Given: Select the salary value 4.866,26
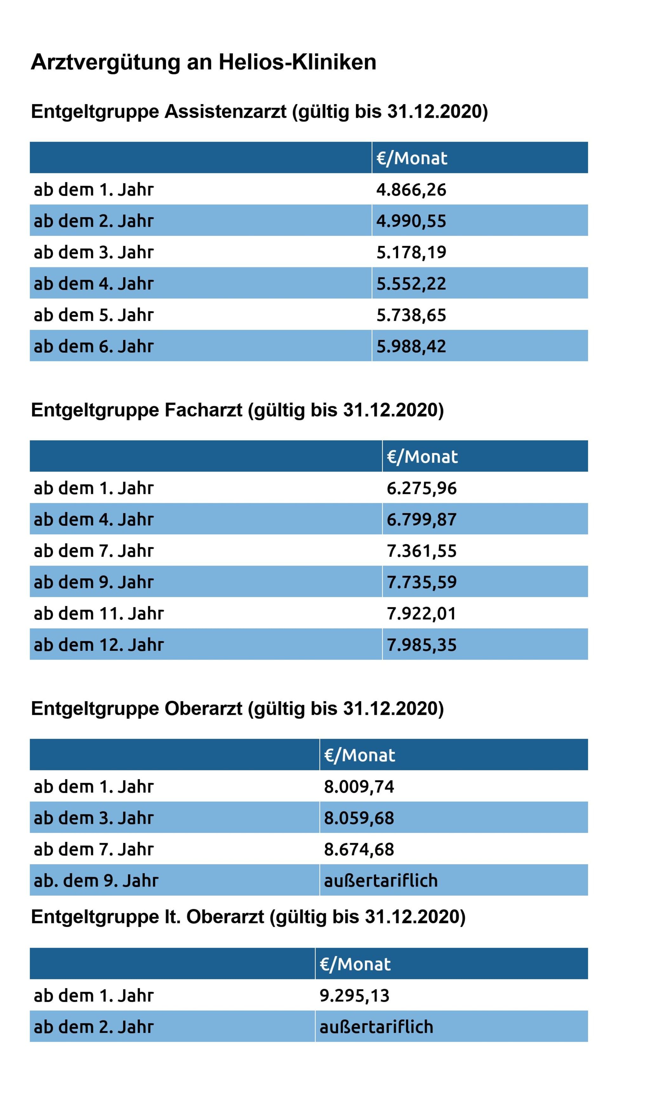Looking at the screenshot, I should coord(411,190).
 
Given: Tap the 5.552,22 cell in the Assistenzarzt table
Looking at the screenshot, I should coord(411,284).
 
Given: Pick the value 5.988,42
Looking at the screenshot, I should coord(411,347).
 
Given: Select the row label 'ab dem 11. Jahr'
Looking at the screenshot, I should coord(98,614).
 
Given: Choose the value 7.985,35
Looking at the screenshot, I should coord(421,645).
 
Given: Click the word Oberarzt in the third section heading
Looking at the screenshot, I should coord(203,709).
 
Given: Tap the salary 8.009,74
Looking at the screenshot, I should coord(359,787).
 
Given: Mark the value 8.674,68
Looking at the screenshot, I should coord(359,849).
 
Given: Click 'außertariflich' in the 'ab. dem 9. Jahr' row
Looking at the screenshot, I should coord(380,881).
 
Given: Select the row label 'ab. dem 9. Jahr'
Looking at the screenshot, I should coord(96,881).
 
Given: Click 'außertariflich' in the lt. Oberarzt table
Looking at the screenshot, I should coord(376,1027).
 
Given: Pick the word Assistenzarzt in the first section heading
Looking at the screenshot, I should coord(225,111).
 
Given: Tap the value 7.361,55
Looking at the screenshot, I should coord(421,551).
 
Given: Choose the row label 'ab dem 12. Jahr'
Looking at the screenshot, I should coord(98,645).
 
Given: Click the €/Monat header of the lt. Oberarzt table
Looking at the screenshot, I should coord(355,964).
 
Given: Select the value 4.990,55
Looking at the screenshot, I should coord(411,221).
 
